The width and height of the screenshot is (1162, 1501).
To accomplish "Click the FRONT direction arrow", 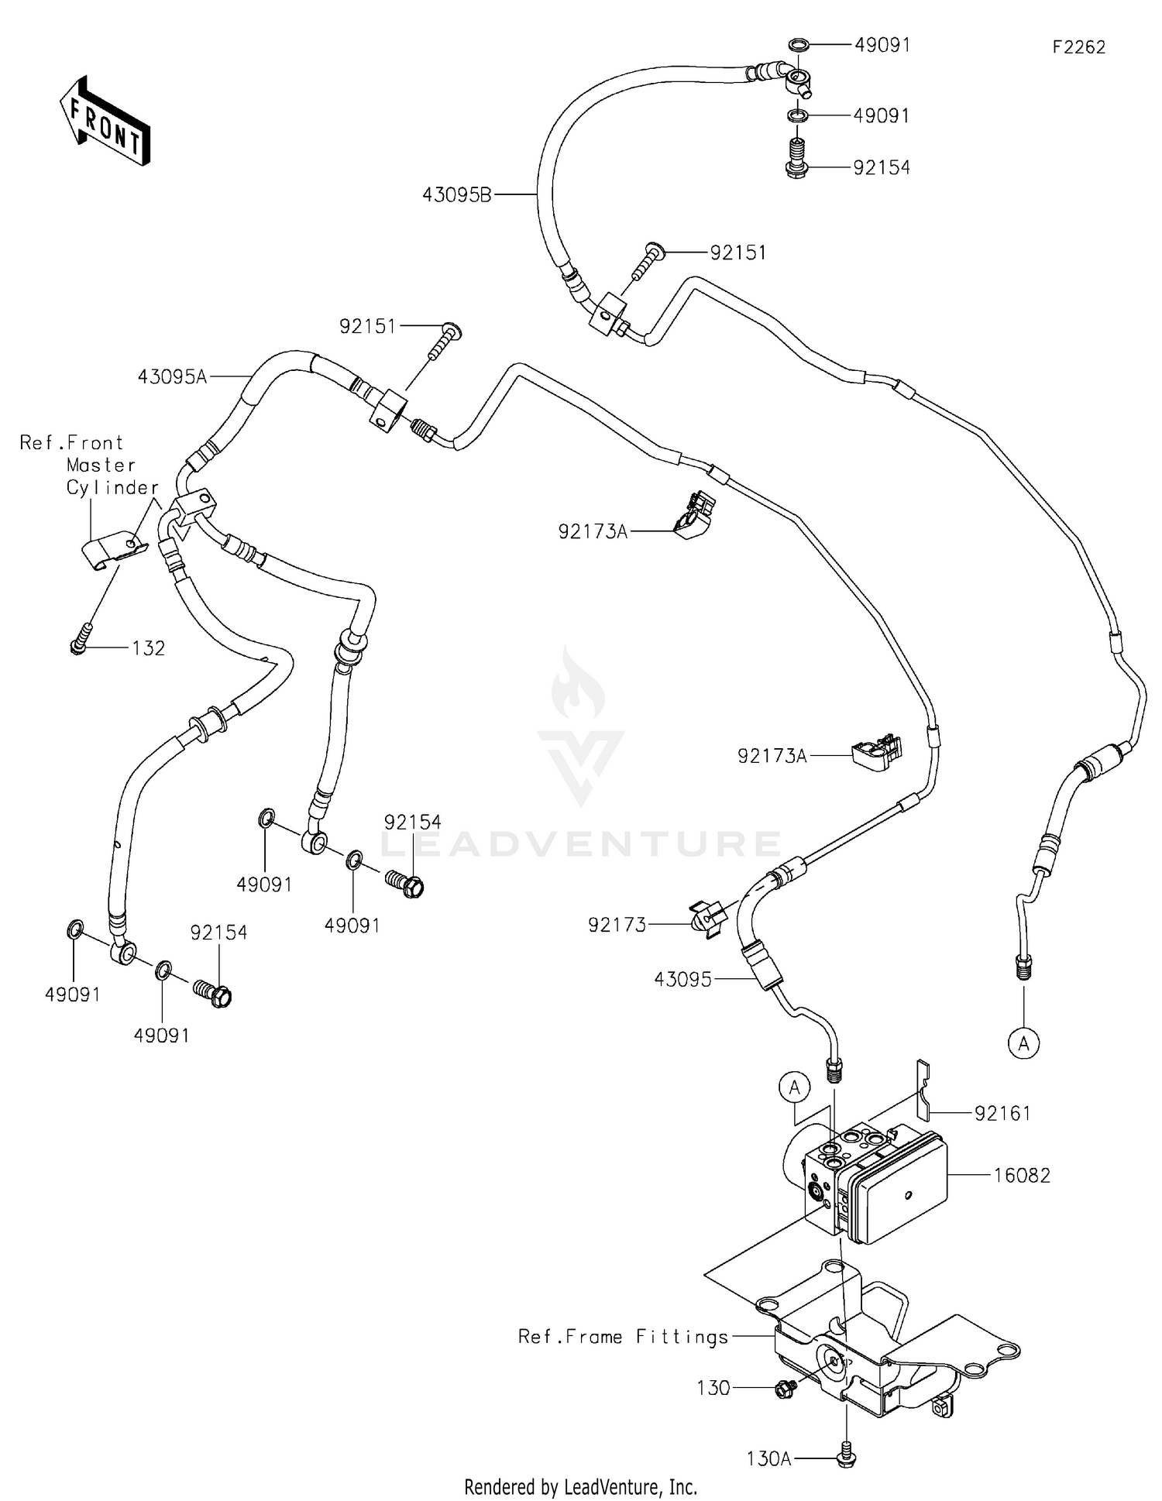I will (x=105, y=122).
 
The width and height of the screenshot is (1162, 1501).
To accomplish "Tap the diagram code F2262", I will (x=1078, y=47).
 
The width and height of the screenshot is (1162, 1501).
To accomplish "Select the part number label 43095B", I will (x=456, y=195).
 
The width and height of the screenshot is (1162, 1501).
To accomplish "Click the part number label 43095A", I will (x=172, y=376).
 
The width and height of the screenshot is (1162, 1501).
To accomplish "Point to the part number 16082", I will (x=1023, y=1176).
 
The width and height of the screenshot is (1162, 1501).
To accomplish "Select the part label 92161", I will (x=1002, y=1114).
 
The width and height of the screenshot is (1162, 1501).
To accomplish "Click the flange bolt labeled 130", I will (x=783, y=1389).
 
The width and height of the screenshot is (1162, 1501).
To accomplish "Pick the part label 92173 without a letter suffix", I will (x=617, y=925).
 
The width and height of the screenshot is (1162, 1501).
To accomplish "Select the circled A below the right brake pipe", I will (x=1023, y=1044).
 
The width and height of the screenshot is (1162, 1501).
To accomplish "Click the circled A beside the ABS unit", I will (x=794, y=1088).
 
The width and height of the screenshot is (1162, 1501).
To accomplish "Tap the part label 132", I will (x=148, y=648).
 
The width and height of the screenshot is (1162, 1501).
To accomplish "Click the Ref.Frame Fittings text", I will (x=623, y=1337).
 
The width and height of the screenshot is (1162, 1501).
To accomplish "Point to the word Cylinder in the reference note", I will (x=112, y=488).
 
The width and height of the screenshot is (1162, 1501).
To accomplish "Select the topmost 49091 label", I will (x=882, y=45).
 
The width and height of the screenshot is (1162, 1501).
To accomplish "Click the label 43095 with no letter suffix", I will (x=682, y=980).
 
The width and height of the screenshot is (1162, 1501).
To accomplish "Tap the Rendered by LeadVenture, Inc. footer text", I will (x=580, y=1486).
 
